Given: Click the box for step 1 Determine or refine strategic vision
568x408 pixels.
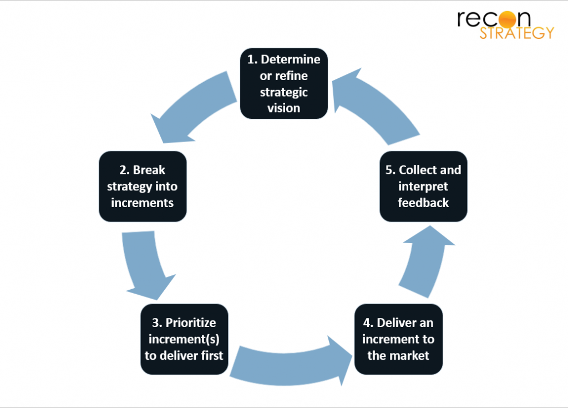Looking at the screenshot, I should click(283, 83).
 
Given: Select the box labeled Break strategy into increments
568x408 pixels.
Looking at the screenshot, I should click(142, 187).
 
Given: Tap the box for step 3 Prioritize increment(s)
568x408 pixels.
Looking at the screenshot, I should click(184, 339).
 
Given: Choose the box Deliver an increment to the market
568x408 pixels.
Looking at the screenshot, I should click(398, 339).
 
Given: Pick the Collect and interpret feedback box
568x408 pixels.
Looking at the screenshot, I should click(423, 187).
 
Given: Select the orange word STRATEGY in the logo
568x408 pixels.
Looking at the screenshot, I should click(516, 33).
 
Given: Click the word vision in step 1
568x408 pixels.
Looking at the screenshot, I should click(283, 108).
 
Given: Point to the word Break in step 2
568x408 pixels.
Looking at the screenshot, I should click(149, 170).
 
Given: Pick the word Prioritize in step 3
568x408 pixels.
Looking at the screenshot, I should click(191, 323).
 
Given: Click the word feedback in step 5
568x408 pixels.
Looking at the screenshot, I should click(423, 203).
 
